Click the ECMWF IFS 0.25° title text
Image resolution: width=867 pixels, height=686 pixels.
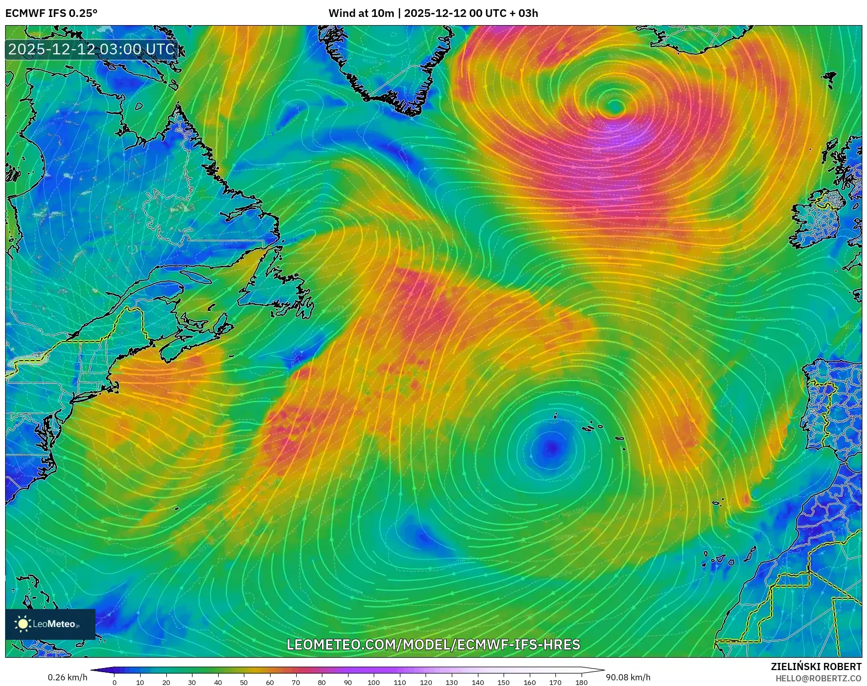point(51,13)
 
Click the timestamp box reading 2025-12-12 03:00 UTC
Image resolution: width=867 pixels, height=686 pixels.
point(92,49)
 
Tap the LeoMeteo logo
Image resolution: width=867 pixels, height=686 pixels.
point(50,624)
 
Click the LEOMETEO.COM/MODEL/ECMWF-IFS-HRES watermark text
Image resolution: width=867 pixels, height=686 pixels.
point(433,644)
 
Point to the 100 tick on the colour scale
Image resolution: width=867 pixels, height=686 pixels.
point(374,682)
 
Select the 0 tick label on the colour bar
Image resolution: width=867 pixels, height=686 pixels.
point(114,682)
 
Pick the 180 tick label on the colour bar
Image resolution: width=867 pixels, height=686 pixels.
point(581,682)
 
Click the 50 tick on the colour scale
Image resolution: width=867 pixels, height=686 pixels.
point(244,682)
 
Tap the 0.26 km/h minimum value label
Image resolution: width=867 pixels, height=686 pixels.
point(68,677)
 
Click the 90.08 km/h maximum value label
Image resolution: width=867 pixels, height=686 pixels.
point(628,677)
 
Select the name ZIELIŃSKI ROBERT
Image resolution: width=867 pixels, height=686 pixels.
point(816,667)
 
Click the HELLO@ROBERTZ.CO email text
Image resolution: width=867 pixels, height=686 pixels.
point(818,678)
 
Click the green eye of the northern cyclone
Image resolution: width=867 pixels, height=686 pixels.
point(615,107)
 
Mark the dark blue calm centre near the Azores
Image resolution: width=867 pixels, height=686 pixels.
point(551,447)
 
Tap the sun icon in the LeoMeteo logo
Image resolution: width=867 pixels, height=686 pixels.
point(23,624)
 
